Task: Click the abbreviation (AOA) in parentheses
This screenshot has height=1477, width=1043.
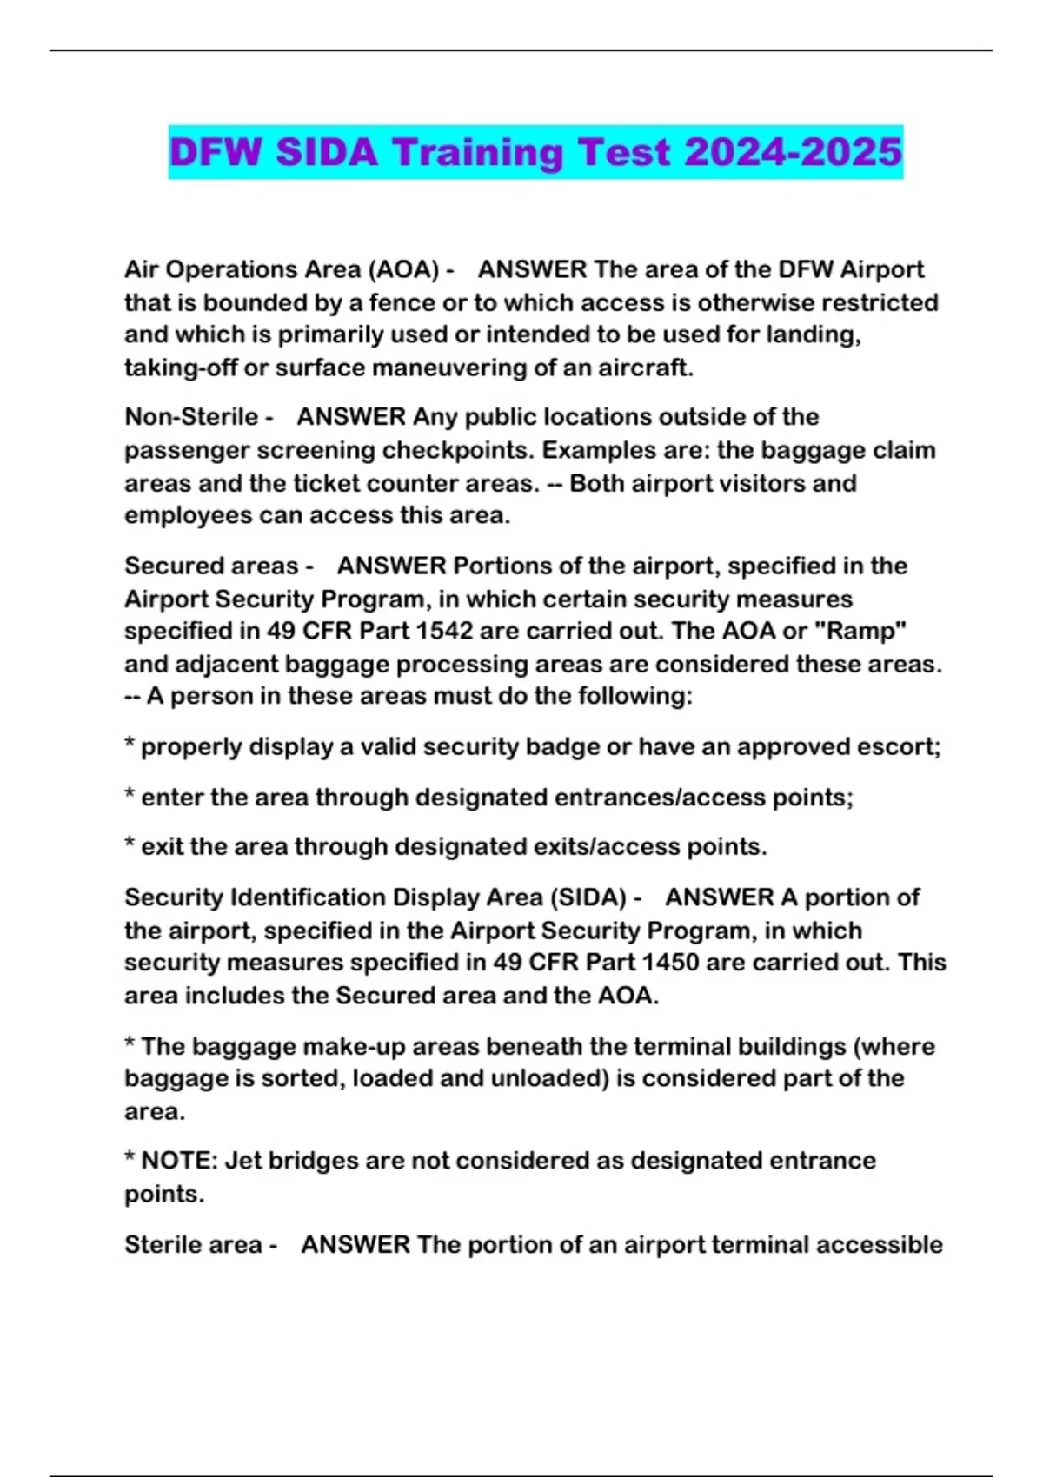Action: tap(403, 269)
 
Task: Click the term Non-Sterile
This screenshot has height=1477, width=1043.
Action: tap(191, 417)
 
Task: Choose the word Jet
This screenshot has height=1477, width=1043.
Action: tap(242, 1161)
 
